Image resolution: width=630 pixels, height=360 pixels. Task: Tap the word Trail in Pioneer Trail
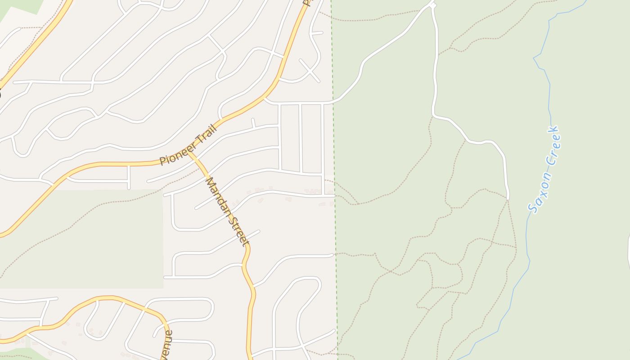(x=207, y=134)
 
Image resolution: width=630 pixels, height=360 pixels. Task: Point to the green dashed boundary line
(x=334, y=135)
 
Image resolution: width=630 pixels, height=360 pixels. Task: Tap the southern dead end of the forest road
(x=508, y=198)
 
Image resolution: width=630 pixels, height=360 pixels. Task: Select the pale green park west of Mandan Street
(x=81, y=238)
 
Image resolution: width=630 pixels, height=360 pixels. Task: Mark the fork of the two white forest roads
(x=433, y=5)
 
